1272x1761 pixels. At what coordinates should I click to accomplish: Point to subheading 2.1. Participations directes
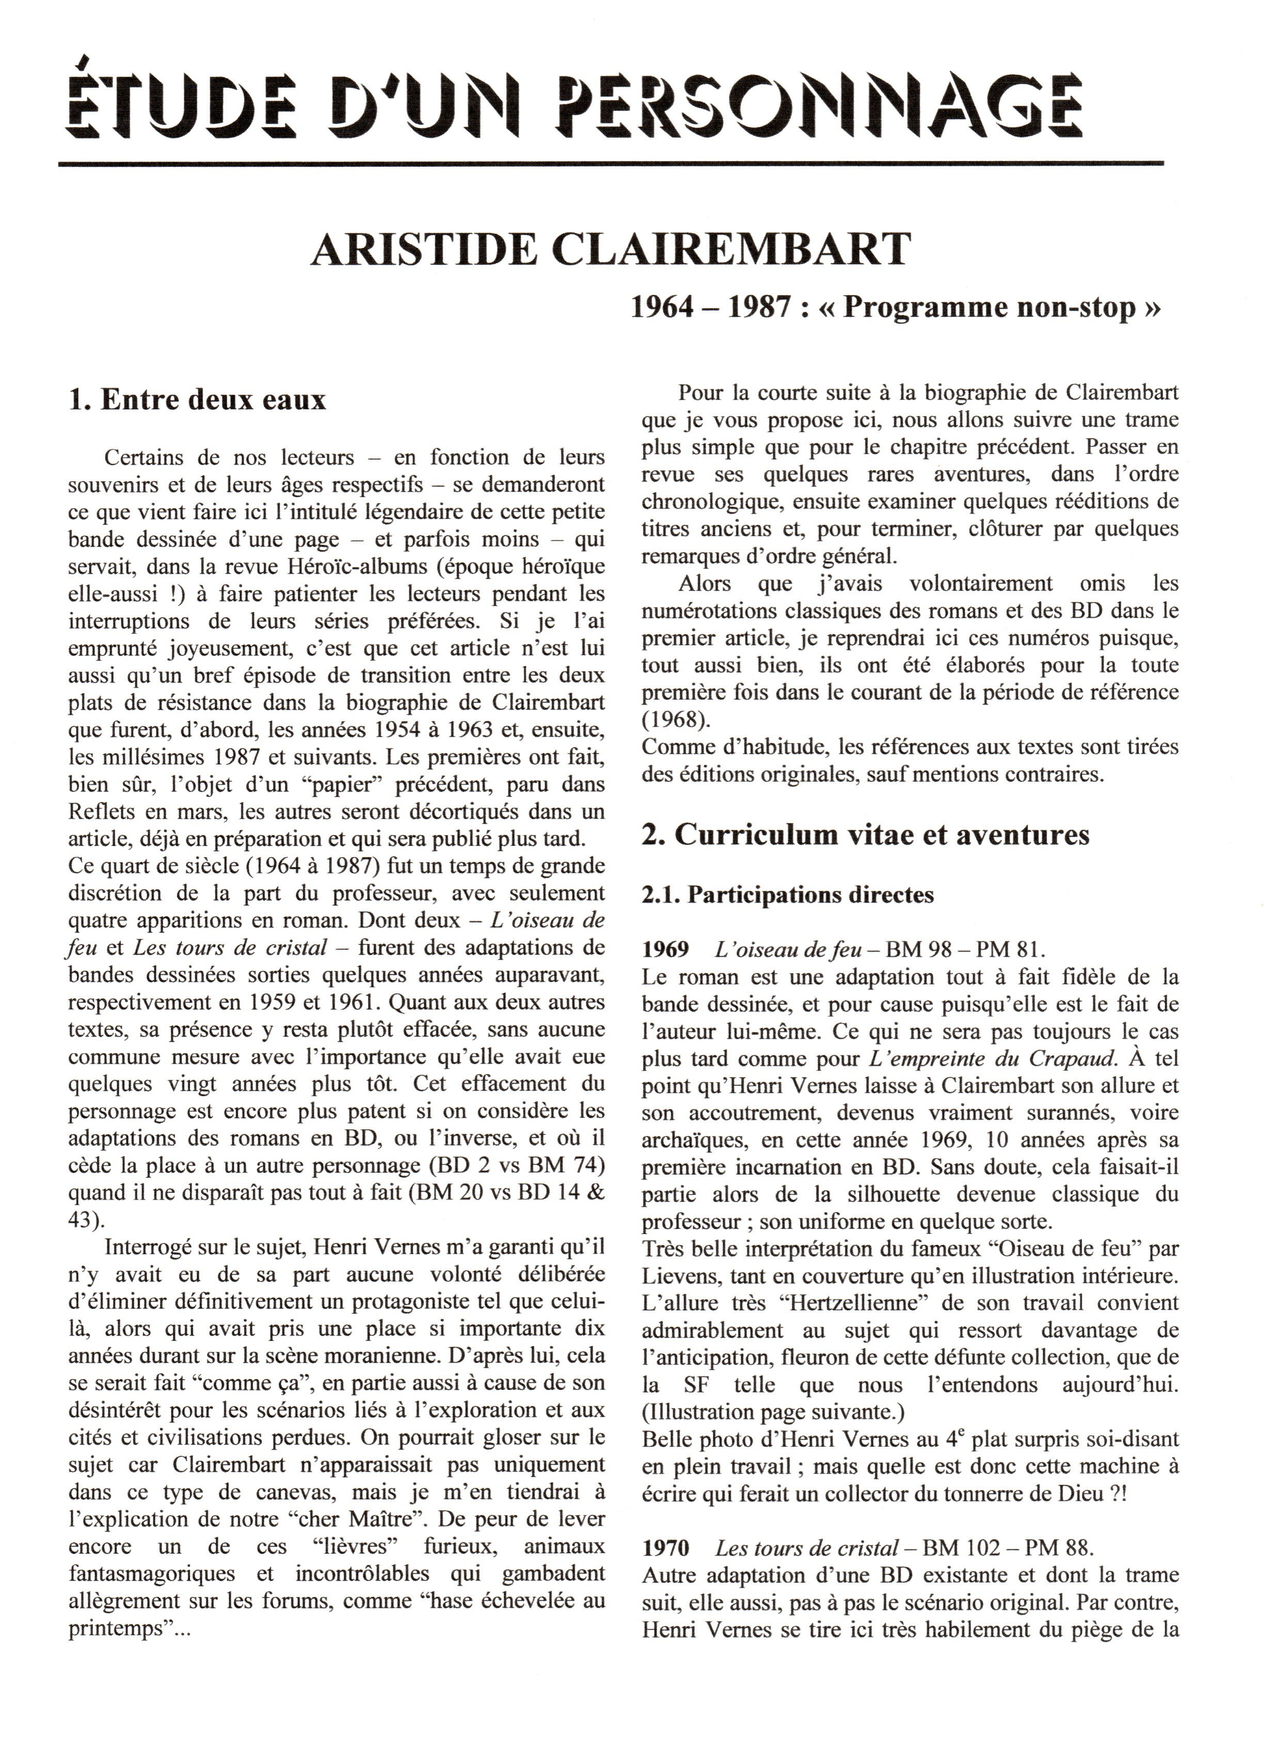[x=787, y=894]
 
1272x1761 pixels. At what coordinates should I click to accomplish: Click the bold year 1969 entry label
[x=665, y=950]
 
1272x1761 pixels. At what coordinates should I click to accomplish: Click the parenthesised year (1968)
[x=676, y=718]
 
